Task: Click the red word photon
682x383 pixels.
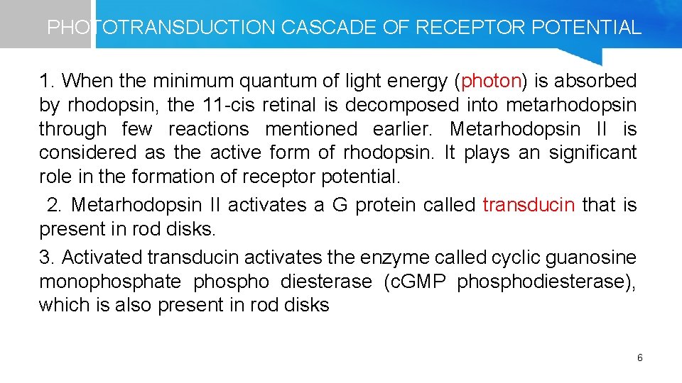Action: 492,82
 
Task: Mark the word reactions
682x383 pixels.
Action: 209,129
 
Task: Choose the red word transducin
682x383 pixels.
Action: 529,205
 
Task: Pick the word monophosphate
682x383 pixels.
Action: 110,282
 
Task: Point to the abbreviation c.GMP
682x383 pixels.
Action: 414,282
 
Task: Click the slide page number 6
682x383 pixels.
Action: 639,358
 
